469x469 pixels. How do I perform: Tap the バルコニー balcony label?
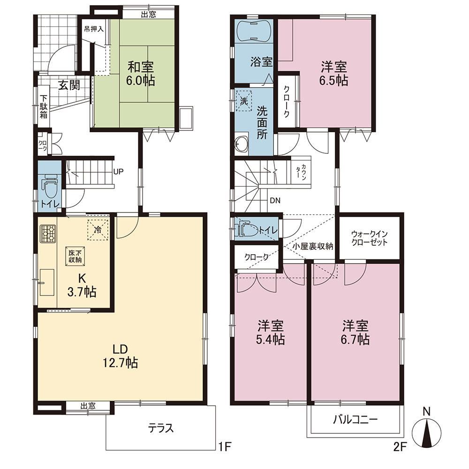pos(356,420)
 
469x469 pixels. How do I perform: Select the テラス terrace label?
pos(161,428)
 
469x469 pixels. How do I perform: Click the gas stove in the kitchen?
pos(48,233)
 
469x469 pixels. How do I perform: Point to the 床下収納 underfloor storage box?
pos(76,256)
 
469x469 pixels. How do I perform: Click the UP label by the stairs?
pos(119,172)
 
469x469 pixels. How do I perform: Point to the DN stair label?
pos(275,200)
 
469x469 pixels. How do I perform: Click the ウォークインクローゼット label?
pos(370,238)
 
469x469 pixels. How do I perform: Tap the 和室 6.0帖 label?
pos(140,74)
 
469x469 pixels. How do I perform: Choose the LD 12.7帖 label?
pos(120,356)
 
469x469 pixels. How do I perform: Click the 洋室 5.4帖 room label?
pos(271,333)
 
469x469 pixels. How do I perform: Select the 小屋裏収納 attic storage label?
pos(312,247)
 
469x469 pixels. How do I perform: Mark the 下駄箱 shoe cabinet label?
pos(44,106)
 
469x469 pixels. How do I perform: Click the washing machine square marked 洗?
pos(244,101)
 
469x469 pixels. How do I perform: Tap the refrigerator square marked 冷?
pos(98,230)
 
